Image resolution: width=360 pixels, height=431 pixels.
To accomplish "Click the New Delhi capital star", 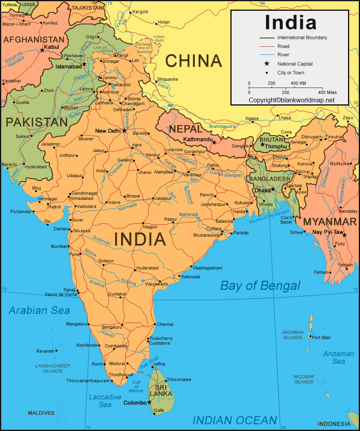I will (124, 130).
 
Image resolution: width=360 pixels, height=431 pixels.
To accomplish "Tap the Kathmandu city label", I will (197, 139).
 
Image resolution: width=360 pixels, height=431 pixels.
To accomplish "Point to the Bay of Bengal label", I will (260, 285).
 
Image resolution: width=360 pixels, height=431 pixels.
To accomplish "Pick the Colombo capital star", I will (150, 402).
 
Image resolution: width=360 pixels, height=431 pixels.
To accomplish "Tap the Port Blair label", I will (321, 337).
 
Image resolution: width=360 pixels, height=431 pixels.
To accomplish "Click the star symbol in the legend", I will (267, 64).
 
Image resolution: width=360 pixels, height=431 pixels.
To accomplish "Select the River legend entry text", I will (283, 55).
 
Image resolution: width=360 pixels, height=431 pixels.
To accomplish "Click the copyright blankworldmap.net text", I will (292, 100).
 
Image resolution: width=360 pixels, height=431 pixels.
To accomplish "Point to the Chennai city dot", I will (154, 324).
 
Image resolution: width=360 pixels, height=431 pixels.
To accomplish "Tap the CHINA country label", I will (194, 61).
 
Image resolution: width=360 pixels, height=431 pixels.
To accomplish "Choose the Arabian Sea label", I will (39, 310).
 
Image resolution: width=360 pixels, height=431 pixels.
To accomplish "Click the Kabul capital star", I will (42, 50).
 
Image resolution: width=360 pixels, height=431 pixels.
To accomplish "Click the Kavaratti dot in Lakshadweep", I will (56, 351).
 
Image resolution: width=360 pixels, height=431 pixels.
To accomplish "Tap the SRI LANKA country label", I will (162, 391).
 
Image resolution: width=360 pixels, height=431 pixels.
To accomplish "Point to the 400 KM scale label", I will (298, 83).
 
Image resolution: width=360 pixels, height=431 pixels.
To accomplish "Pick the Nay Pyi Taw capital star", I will (344, 235).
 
